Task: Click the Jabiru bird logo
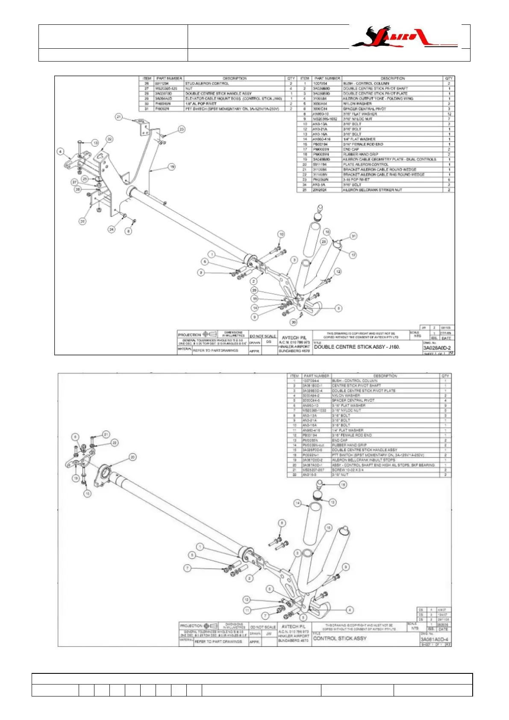point(404,37)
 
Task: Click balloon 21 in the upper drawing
point(119,117)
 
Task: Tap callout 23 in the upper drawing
point(182,129)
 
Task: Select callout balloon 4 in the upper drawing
point(61,151)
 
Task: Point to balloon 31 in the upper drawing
point(353,236)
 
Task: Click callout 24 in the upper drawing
point(112,229)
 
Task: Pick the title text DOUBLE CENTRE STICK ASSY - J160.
point(357,347)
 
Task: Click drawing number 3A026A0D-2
point(437,348)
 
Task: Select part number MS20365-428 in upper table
point(166,89)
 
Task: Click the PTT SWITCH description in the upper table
point(232,109)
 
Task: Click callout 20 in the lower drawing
point(132,457)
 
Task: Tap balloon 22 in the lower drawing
point(115,443)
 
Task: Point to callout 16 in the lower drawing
point(343,484)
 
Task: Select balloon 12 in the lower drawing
point(247,599)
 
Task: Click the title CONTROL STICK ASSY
point(340,638)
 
